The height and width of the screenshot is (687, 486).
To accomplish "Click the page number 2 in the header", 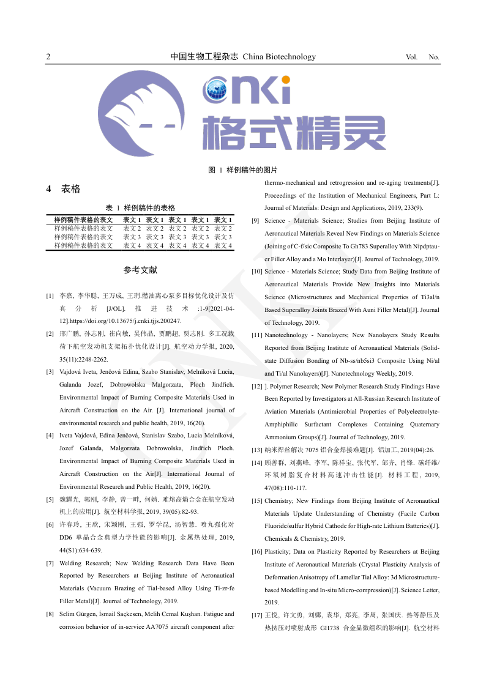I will pos(48,58).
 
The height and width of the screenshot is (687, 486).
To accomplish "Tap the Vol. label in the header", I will pos(411,58).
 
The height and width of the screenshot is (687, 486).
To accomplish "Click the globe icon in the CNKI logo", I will pos(217,92).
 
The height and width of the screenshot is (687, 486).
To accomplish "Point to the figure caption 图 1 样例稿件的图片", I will pos(243,170).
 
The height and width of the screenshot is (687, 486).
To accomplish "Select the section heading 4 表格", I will pos(64,189).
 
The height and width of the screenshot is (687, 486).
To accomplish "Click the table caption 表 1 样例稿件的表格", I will pos(140,208).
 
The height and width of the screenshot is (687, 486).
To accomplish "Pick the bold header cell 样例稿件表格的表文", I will pos(83,220).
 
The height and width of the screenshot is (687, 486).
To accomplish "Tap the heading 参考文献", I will pos(140,270).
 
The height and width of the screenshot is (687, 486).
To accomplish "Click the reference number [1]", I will pos(50,296).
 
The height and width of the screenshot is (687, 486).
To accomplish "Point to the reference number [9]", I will pos(256,220).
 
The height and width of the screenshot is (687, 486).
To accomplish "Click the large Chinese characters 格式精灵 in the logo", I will pos(294,133).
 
